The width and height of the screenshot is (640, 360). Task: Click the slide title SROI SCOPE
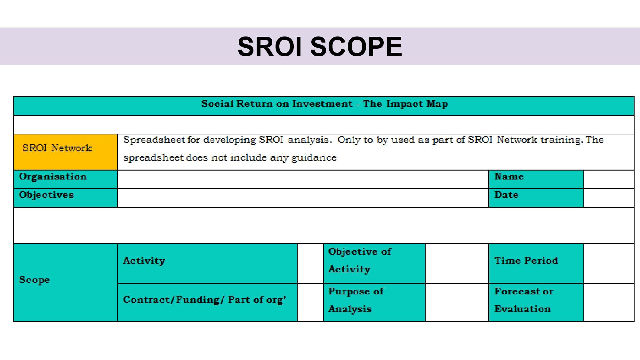320,46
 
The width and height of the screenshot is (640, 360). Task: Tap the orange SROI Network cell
65,152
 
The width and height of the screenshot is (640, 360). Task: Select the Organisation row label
65,179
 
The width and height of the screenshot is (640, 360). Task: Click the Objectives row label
65,198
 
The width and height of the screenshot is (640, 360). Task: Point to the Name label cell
536,179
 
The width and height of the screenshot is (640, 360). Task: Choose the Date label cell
536,198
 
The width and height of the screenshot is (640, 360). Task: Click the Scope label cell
65,283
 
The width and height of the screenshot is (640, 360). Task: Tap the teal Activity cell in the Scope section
207,263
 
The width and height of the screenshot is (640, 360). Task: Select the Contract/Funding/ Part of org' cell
207,302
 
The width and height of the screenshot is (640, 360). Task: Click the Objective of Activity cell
374,263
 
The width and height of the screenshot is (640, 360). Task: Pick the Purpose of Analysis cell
374,302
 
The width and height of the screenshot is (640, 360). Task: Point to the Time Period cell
536,263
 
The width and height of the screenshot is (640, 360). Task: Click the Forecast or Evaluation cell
536,302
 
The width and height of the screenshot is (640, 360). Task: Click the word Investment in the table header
322,104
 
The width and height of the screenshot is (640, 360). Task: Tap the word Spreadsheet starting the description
154,140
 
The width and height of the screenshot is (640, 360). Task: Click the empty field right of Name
609,179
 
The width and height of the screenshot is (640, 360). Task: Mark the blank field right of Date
609,198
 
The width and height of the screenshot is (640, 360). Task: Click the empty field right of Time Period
609,263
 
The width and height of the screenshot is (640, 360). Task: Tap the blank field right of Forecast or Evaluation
609,302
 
